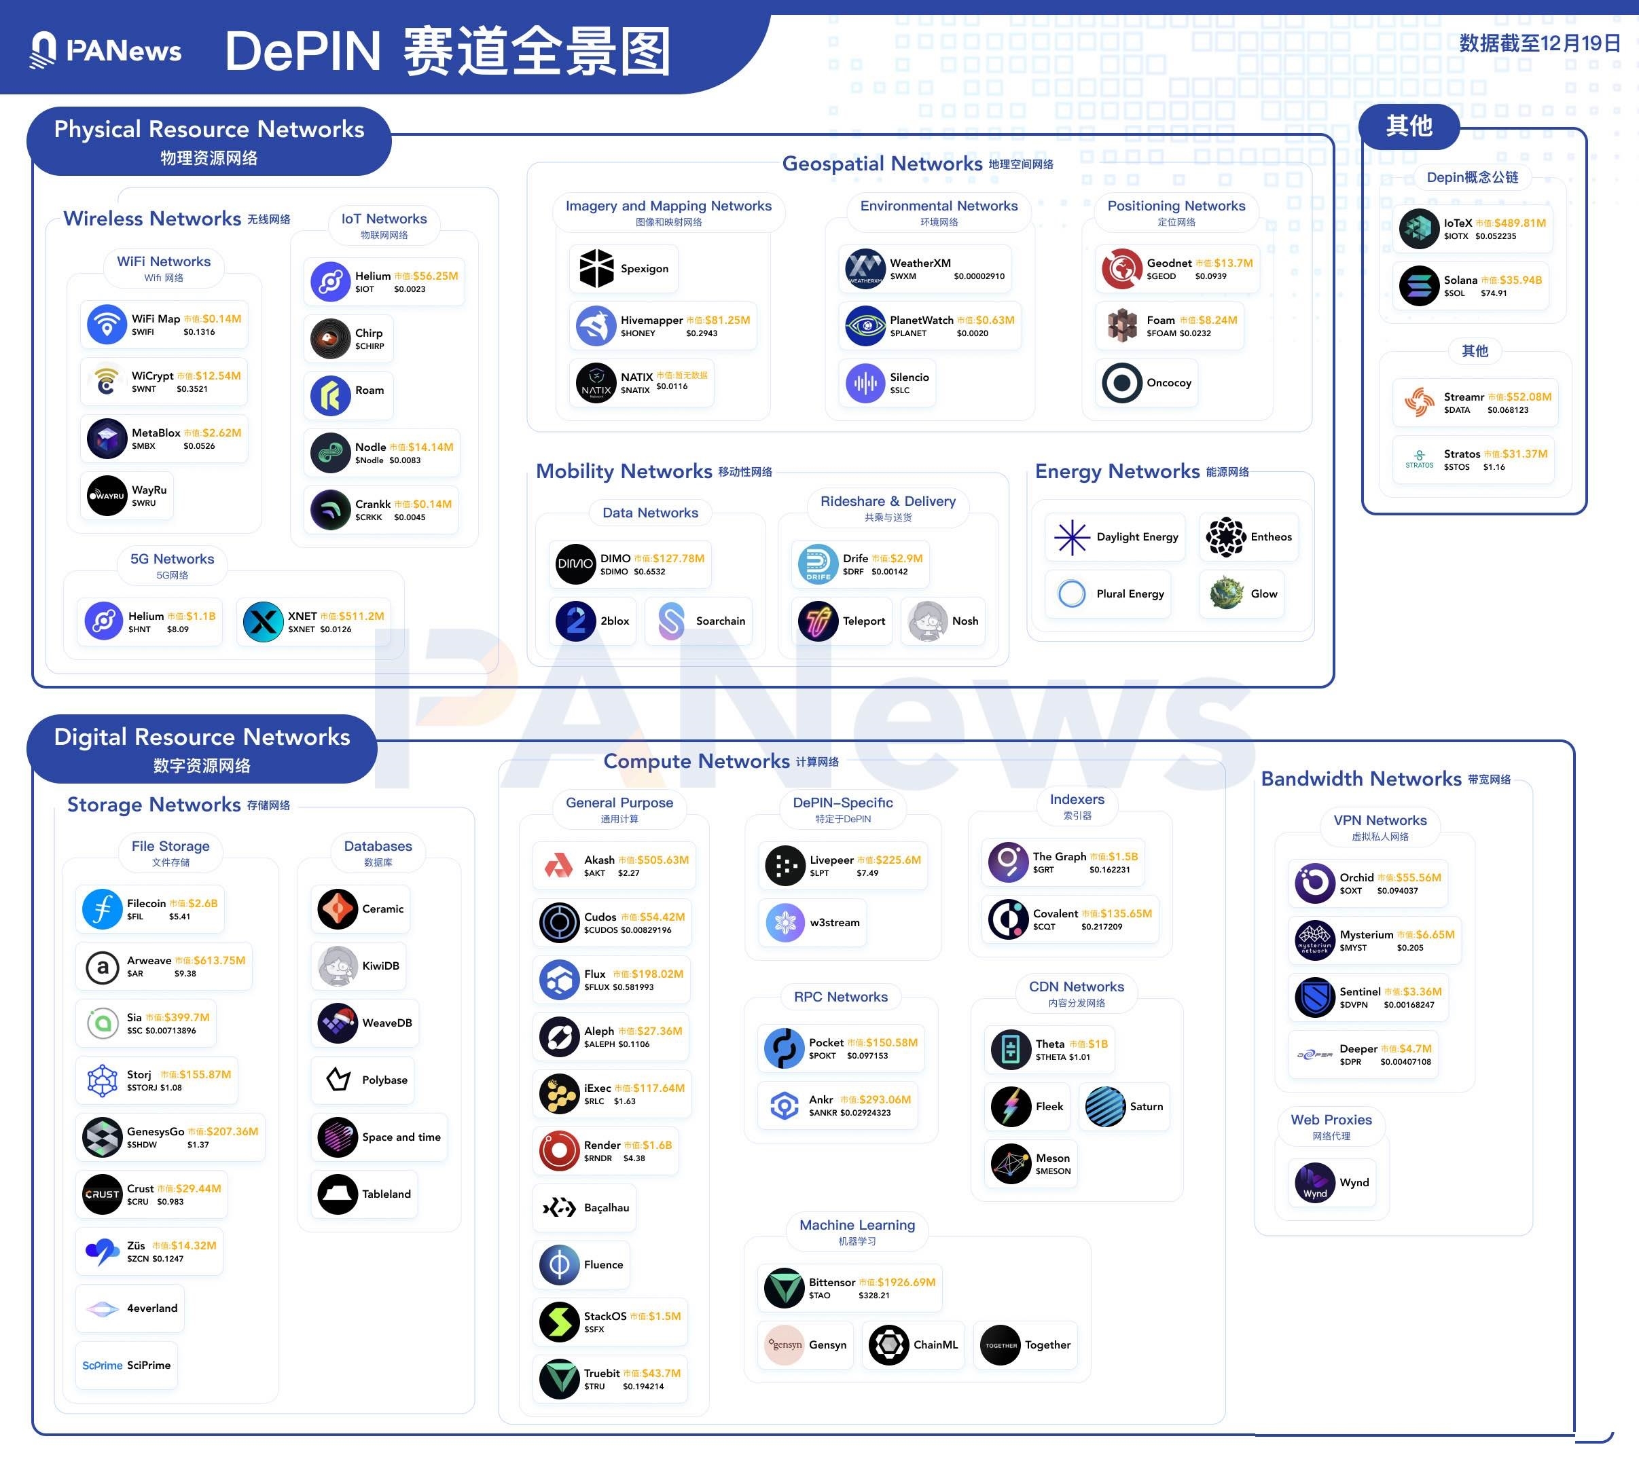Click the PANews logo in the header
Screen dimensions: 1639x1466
[x=105, y=50]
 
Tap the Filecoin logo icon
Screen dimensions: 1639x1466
[x=103, y=909]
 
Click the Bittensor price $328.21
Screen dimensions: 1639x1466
[x=873, y=1296]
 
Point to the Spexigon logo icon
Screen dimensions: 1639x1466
[x=596, y=268]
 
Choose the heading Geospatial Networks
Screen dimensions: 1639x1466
[x=882, y=164]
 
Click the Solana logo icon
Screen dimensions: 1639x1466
[x=1419, y=286]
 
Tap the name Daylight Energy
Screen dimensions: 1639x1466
[x=1137, y=536]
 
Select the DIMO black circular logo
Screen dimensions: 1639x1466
[x=575, y=564]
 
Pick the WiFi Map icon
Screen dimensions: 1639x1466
[x=107, y=325]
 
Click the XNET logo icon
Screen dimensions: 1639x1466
[x=263, y=622]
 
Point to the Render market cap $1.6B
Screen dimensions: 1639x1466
[x=657, y=1145]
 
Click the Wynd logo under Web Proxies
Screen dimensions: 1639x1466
[x=1314, y=1182]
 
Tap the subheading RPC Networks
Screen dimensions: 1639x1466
[x=840, y=996]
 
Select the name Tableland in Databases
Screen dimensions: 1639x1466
[x=386, y=1194]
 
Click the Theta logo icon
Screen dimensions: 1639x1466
[x=1011, y=1050]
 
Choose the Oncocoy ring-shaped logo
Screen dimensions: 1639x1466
[x=1121, y=382]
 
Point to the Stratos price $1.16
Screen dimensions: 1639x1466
[x=1494, y=467]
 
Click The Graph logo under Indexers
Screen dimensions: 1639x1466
[x=1008, y=862]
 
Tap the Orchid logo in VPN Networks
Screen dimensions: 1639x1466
[x=1314, y=883]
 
